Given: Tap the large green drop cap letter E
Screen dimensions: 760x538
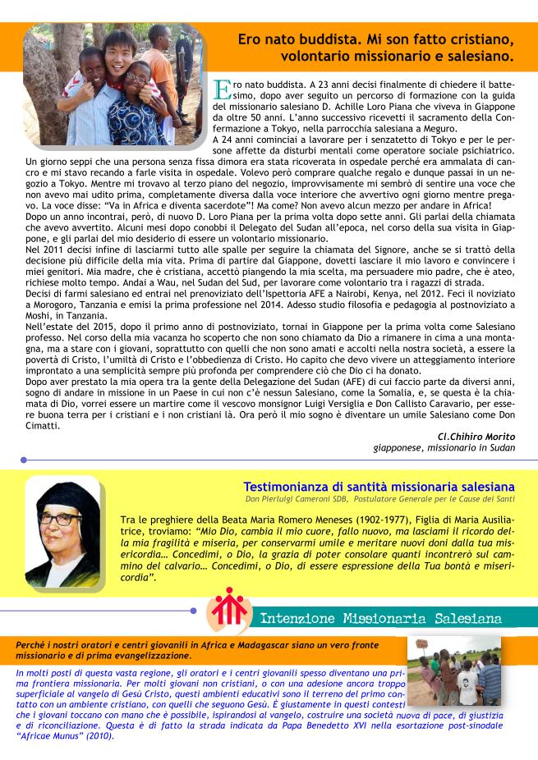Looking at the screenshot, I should pyautogui.click(x=222, y=88).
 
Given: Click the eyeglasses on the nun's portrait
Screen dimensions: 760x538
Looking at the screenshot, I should pyautogui.click(x=60, y=526).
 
